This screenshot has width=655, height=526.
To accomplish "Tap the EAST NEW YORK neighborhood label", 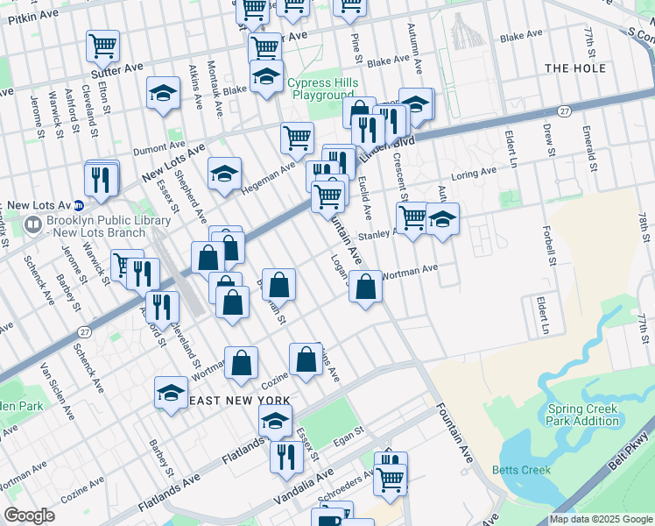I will pos(239,401).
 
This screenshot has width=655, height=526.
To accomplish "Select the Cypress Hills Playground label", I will pos(323,89).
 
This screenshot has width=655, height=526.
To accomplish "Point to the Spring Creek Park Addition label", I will pos(582,415).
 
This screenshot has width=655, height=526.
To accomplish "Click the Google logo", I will pos(29,515).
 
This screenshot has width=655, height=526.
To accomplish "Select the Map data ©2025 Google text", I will pos(601,519).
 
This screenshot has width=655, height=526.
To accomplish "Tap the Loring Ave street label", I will pos(474,174).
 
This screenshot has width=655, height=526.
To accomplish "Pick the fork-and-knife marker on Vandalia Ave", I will pos(286,455).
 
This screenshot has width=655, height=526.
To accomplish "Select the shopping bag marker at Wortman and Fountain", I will pos(366,286).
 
